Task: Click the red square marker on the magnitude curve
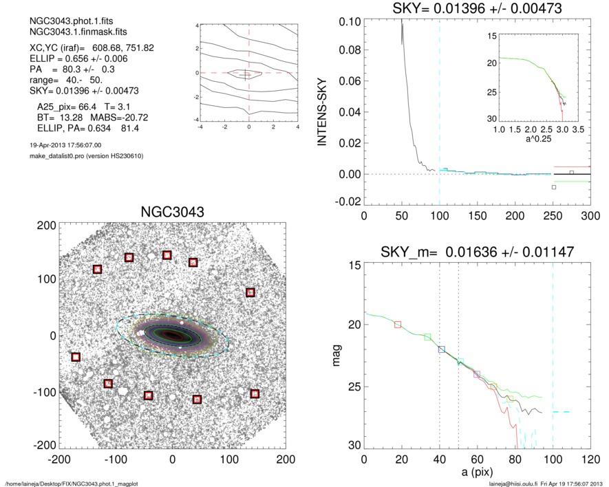[398, 324]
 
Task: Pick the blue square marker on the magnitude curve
[442, 349]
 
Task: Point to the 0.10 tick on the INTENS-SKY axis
[351, 22]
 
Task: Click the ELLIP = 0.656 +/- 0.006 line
[74, 60]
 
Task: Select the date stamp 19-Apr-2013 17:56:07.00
[62, 145]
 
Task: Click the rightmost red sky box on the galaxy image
[255, 393]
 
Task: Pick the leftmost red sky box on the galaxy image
[76, 356]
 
